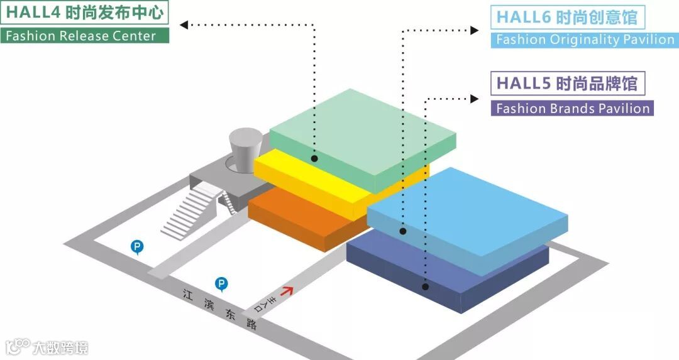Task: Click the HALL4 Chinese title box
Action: coord(85,12)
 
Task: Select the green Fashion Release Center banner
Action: coord(85,35)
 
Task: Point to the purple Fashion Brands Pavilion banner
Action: coord(572,108)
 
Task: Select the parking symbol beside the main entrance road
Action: coord(221,285)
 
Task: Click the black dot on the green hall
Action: coord(314,159)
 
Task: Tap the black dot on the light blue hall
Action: coord(403,232)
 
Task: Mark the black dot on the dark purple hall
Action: coord(425,286)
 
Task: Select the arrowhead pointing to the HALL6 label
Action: coord(475,30)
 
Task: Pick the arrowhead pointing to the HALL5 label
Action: coord(475,98)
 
